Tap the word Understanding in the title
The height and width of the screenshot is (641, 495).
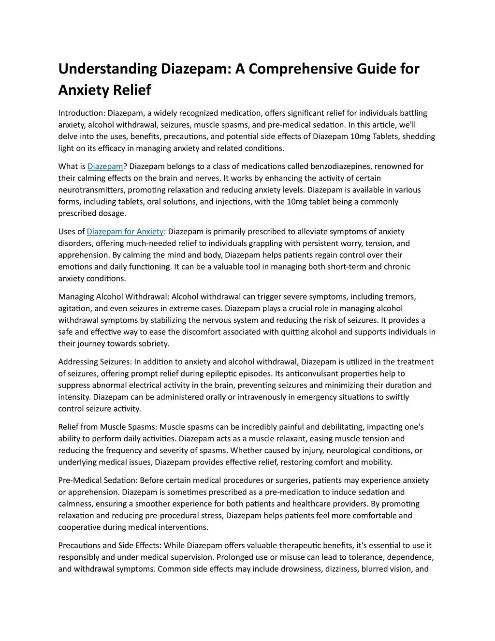[107, 69]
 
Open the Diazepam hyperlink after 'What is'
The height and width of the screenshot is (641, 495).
[105, 166]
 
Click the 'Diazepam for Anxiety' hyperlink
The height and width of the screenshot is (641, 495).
[125, 232]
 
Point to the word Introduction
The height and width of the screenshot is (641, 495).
[81, 113]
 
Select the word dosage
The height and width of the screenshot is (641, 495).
[112, 213]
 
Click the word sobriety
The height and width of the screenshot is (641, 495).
[154, 343]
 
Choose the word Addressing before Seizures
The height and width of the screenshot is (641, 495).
[78, 362]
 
